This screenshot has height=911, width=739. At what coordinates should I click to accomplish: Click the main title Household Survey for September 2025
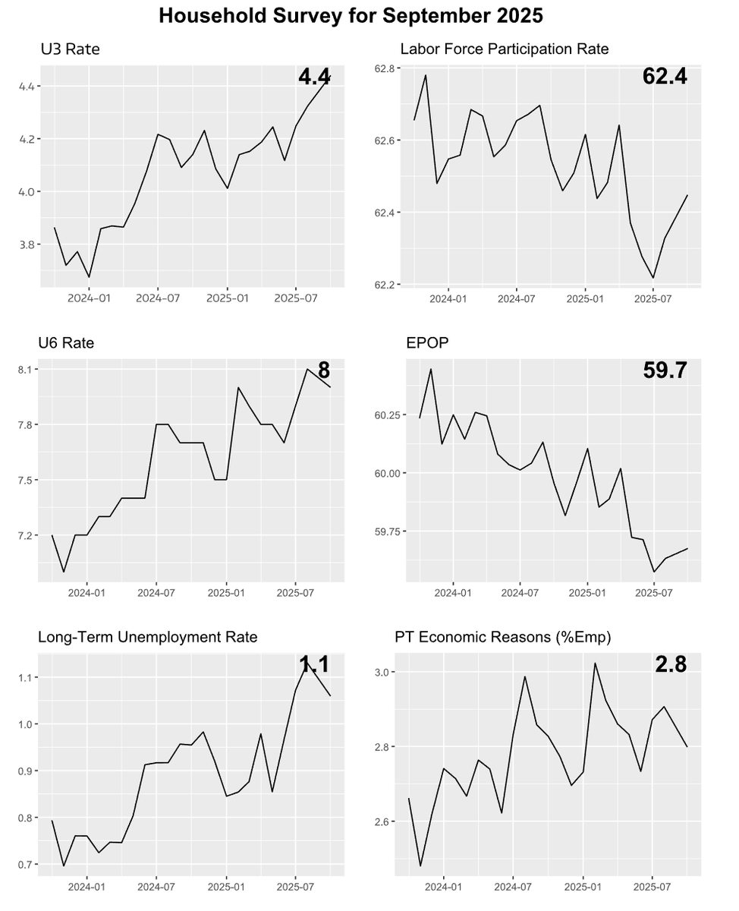click(351, 17)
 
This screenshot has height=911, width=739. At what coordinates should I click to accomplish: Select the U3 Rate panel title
click(70, 50)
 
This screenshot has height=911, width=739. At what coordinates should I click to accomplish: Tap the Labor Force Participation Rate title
click(504, 50)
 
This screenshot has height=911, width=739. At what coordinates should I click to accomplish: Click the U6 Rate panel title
click(66, 343)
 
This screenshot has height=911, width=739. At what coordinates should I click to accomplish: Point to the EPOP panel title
click(427, 343)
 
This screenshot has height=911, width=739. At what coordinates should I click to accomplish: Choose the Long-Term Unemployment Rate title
click(147, 637)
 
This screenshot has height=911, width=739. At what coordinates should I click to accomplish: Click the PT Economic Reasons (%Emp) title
click(502, 637)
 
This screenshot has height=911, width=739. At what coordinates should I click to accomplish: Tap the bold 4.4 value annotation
click(314, 77)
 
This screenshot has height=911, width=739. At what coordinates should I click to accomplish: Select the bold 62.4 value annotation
click(665, 76)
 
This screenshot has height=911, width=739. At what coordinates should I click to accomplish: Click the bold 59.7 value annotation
click(665, 370)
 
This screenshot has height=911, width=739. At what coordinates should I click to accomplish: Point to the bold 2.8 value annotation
click(671, 664)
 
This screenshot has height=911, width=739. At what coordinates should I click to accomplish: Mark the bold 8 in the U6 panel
click(324, 370)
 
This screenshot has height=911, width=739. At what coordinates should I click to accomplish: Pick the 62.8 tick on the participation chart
click(385, 69)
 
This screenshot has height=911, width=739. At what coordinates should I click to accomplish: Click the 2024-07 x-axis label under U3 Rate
click(157, 298)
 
